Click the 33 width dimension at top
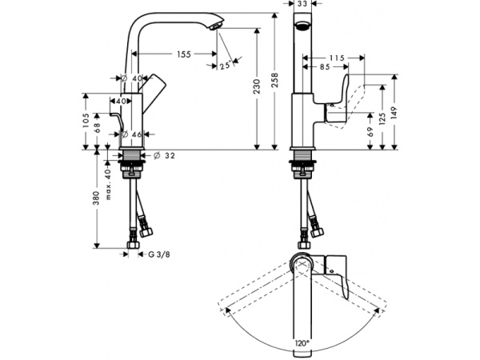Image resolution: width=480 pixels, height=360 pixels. [302, 5]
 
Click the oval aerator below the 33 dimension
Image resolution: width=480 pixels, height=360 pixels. [302, 25]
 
